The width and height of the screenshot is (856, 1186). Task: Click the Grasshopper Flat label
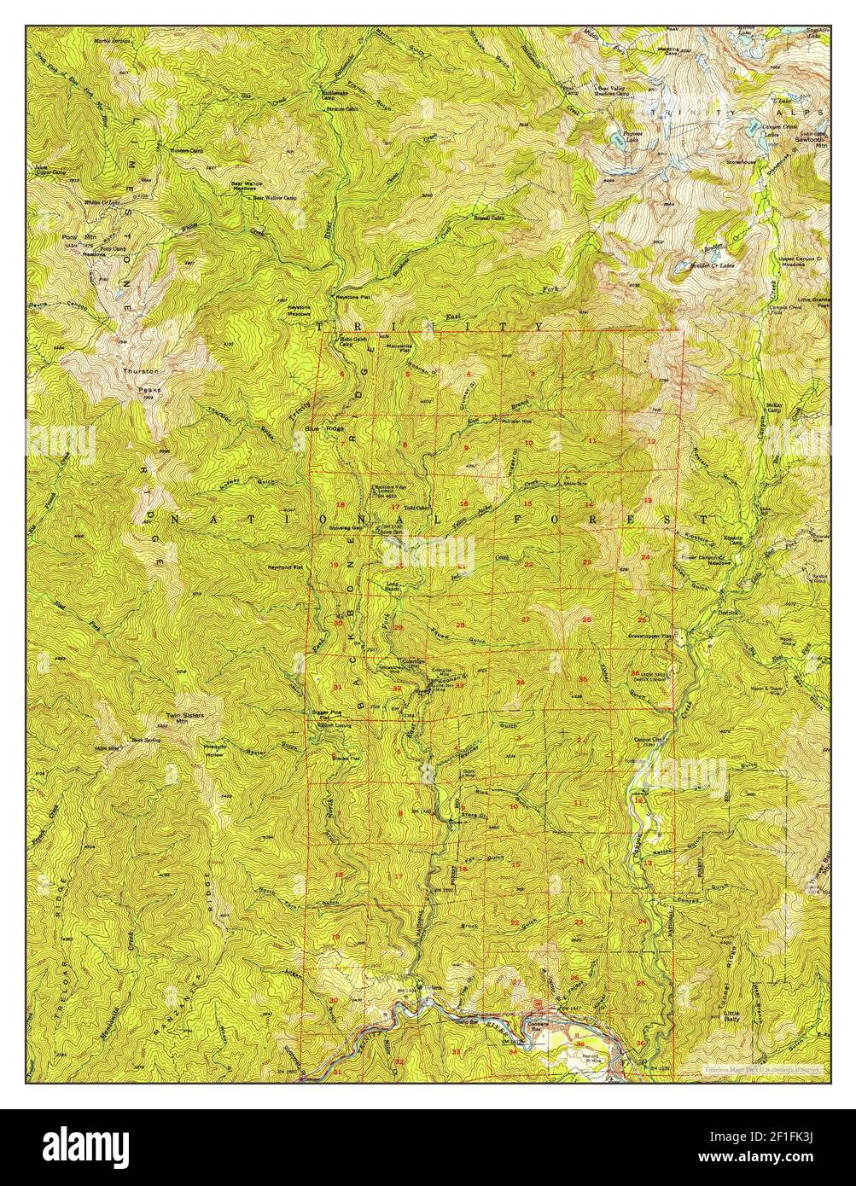pos(651,636)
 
